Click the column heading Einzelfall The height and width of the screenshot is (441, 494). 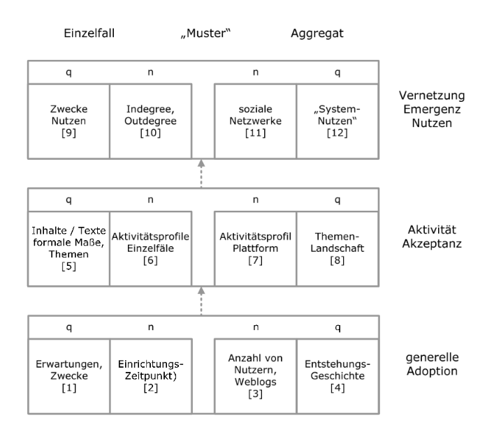(89, 33)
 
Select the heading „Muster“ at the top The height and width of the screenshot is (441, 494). (205, 33)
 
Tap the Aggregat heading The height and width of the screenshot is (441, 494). (317, 33)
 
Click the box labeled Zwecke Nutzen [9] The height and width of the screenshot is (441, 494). (68, 121)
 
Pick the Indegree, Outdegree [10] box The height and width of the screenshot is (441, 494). (151, 121)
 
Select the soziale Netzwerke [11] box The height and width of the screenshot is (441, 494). (256, 121)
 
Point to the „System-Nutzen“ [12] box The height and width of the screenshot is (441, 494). (337, 121)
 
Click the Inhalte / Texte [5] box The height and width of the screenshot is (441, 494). (68, 248)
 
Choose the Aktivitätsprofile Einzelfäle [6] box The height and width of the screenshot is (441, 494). (151, 248)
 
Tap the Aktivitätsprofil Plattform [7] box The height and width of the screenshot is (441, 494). (256, 248)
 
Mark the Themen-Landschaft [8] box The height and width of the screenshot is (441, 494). (337, 248)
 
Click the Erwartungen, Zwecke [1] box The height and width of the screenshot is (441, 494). (69, 376)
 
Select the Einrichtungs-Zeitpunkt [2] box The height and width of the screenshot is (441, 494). (151, 376)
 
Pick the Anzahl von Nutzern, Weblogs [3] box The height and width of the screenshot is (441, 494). (256, 376)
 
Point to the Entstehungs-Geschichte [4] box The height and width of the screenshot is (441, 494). (337, 376)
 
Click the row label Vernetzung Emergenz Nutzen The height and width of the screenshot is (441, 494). (432, 109)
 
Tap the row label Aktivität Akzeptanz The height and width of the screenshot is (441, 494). (432, 237)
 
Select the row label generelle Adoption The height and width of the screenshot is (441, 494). (432, 364)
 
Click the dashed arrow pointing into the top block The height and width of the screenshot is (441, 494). (201, 173)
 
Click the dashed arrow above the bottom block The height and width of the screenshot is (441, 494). (201, 301)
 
